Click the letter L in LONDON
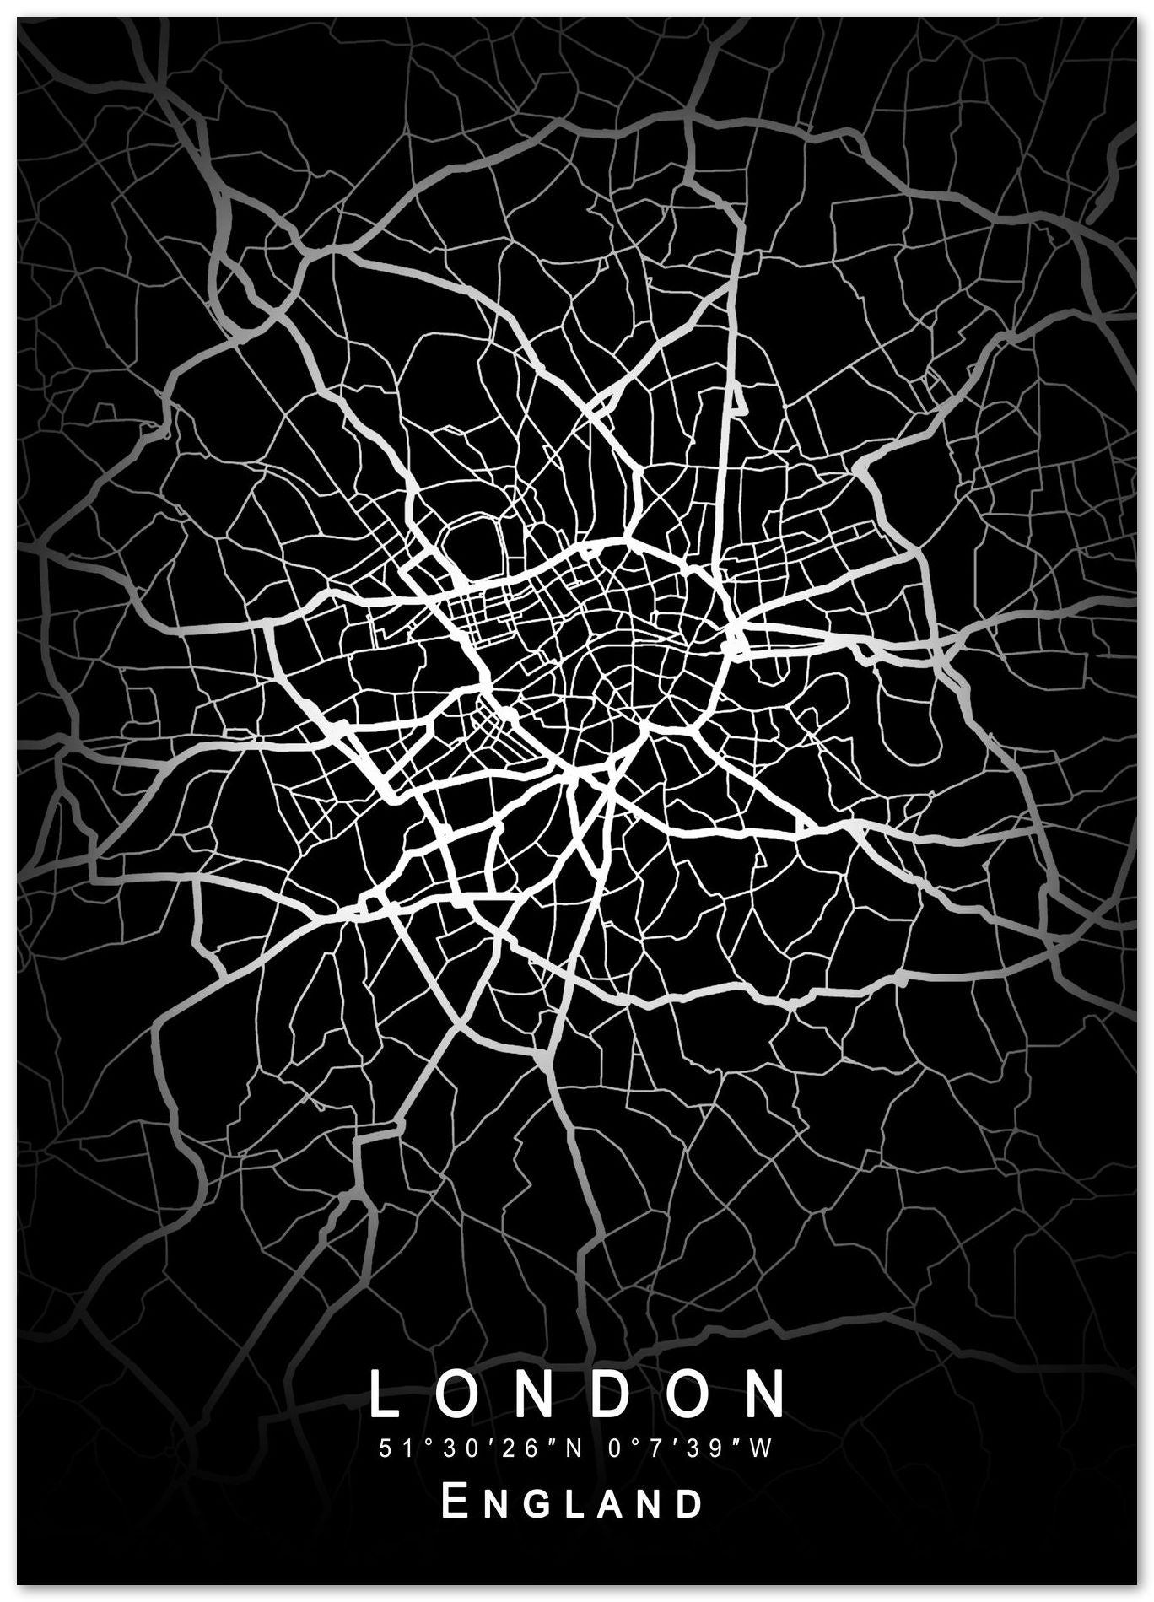click(x=386, y=1394)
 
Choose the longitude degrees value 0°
click(x=613, y=1449)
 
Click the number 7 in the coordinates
click(x=652, y=1449)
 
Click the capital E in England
click(x=456, y=1502)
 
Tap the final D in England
click(x=690, y=1504)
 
